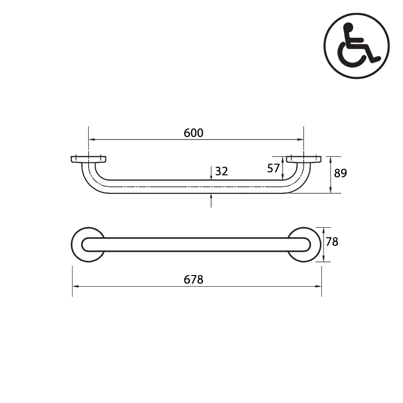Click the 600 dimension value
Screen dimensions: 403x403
(193, 133)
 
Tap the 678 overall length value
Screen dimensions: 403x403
(193, 280)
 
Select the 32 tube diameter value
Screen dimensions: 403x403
(222, 171)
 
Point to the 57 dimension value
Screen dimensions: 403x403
(274, 168)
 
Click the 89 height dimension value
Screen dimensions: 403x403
(341, 173)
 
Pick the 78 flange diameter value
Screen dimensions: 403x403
(332, 242)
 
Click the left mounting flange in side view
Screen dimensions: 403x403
(88, 159)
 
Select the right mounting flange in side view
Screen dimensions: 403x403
(304, 159)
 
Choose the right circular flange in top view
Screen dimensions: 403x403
(305, 244)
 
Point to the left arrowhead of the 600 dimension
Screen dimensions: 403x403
(91, 140)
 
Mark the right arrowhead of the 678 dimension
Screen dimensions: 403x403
(319, 286)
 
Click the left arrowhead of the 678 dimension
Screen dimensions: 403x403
(75, 286)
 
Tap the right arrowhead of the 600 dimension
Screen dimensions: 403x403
(301, 140)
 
